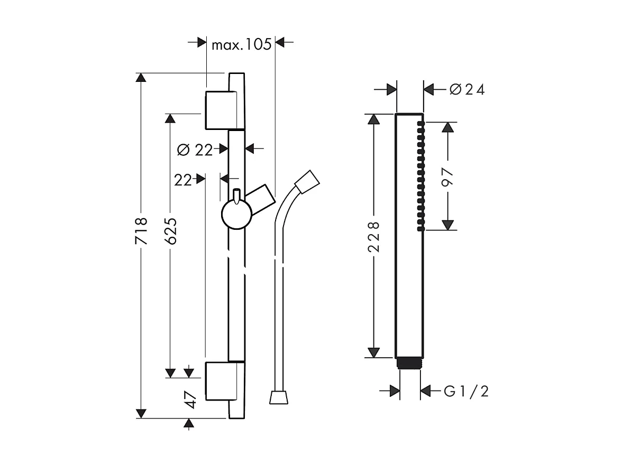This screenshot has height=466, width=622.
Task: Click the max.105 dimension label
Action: (x=241, y=44)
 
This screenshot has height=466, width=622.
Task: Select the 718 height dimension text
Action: (x=141, y=230)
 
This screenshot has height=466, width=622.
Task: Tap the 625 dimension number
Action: (x=170, y=231)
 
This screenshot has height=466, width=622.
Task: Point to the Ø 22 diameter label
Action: (x=195, y=150)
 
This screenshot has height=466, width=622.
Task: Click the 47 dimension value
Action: (x=190, y=400)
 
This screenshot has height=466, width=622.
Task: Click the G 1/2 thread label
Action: (x=465, y=392)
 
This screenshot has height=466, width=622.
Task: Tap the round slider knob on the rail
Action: (x=236, y=215)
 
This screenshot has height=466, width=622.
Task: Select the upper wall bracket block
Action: (x=218, y=110)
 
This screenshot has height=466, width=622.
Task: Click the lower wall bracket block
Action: (x=218, y=381)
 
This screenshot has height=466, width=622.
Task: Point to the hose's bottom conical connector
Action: (x=279, y=397)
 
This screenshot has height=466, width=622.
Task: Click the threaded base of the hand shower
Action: (x=409, y=363)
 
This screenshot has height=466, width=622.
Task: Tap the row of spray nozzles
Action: (x=420, y=175)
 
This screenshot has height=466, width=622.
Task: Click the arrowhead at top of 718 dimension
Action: (x=141, y=78)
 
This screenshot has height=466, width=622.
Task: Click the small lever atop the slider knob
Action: (x=236, y=194)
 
